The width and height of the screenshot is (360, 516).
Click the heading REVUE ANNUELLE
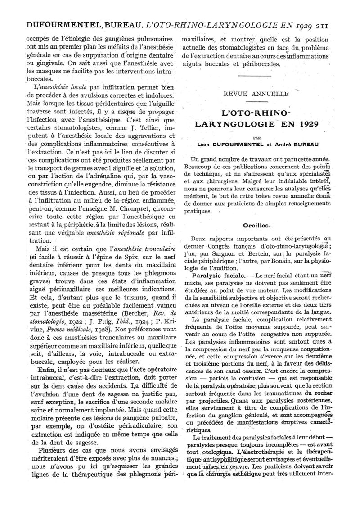(x=258, y=94)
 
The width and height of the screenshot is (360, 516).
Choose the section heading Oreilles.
(x=257, y=226)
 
